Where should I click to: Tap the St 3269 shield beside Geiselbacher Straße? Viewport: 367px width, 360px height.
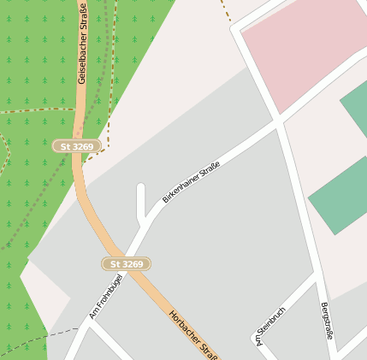[77, 146]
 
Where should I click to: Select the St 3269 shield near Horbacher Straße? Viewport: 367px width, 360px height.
[127, 264]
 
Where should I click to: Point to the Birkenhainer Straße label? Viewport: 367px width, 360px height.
[191, 181]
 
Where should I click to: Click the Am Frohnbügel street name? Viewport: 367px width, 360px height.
[106, 296]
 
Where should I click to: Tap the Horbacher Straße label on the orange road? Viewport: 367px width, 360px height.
[193, 334]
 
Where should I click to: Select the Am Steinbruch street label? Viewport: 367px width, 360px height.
[270, 326]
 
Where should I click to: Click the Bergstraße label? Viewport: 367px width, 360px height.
[326, 321]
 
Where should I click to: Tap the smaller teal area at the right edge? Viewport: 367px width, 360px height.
[356, 107]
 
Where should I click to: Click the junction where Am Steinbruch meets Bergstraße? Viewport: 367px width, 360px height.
[318, 277]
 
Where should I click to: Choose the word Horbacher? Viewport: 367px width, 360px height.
[185, 326]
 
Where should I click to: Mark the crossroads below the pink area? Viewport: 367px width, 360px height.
[278, 125]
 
